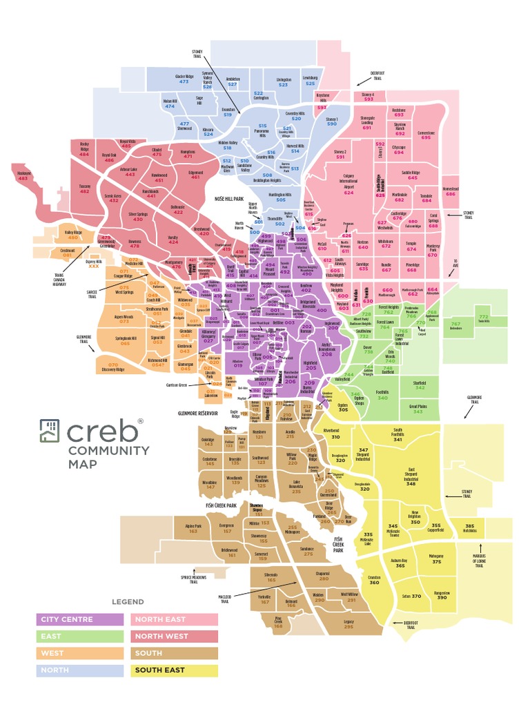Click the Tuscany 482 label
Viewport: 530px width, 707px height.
(85, 188)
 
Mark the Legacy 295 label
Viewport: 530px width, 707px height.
(349, 624)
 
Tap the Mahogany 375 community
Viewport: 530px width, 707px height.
(436, 559)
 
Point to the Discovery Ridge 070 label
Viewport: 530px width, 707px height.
(112, 366)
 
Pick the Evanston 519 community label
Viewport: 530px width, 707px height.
(228, 113)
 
